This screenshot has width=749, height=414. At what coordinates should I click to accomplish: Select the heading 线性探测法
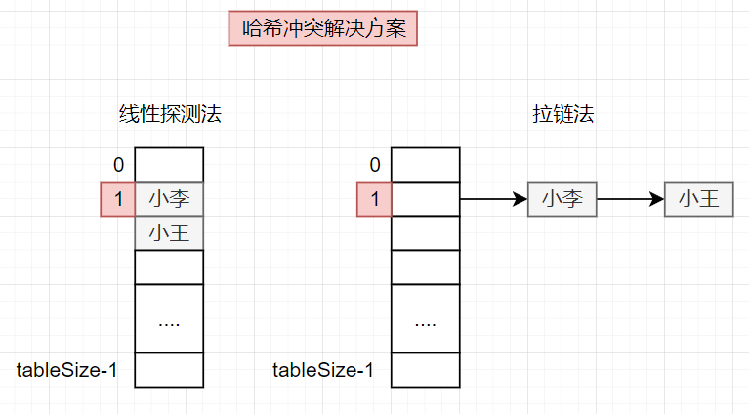[x=170, y=114]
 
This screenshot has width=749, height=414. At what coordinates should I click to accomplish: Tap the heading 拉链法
[x=562, y=114]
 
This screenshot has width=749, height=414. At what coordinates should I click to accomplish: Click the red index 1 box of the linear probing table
[x=118, y=199]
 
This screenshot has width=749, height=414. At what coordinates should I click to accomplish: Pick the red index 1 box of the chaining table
[x=374, y=199]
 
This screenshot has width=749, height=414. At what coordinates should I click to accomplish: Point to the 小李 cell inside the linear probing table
[x=169, y=199]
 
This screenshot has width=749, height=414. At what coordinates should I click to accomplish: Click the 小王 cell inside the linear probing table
[x=169, y=233]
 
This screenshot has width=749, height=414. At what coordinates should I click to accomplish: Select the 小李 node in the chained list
[x=562, y=199]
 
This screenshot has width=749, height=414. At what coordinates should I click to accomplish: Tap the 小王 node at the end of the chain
[x=698, y=199]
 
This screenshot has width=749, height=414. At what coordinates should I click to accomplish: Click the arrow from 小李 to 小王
[x=630, y=199]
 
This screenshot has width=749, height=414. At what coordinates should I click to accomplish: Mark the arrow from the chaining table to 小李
[x=493, y=199]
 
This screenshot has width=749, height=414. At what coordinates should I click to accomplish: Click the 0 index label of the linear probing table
[x=118, y=165]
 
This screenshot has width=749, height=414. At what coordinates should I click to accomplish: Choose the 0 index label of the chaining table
[x=374, y=165]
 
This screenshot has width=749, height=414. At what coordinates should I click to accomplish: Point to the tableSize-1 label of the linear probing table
[x=67, y=370]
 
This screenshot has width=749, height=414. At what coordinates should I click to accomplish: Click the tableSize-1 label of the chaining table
[x=323, y=370]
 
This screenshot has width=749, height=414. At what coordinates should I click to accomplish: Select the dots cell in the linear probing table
[x=169, y=319]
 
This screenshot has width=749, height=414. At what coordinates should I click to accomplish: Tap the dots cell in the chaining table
[x=425, y=319]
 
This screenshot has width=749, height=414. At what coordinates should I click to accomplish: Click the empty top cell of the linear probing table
[x=169, y=165]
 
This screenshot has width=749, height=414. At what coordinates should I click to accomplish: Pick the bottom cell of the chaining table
[x=425, y=370]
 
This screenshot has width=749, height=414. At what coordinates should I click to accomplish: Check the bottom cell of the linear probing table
[x=169, y=370]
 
